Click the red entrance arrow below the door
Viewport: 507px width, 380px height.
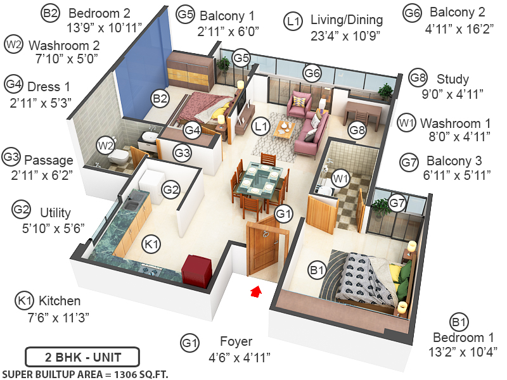tap(256, 291)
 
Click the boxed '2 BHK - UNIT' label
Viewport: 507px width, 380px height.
tap(82, 356)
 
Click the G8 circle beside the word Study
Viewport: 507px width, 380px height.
tap(418, 79)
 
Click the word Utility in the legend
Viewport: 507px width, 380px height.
tap(55, 213)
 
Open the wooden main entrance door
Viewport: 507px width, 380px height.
tap(263, 248)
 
